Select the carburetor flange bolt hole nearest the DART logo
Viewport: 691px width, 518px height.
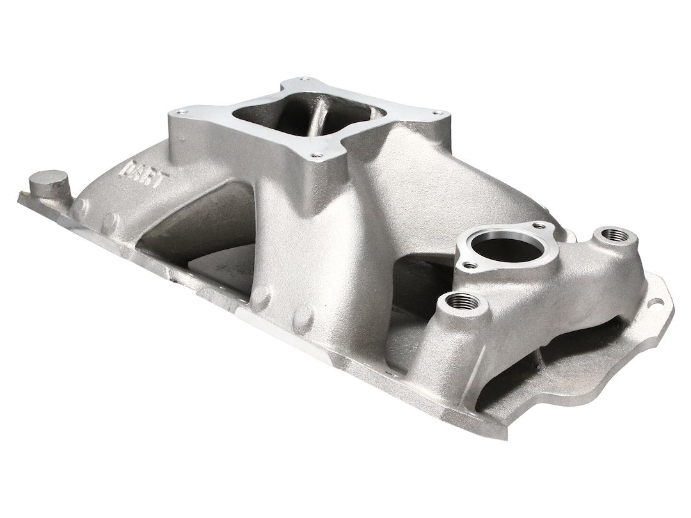click(186, 110)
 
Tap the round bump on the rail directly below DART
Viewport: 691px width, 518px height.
click(110, 221)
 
